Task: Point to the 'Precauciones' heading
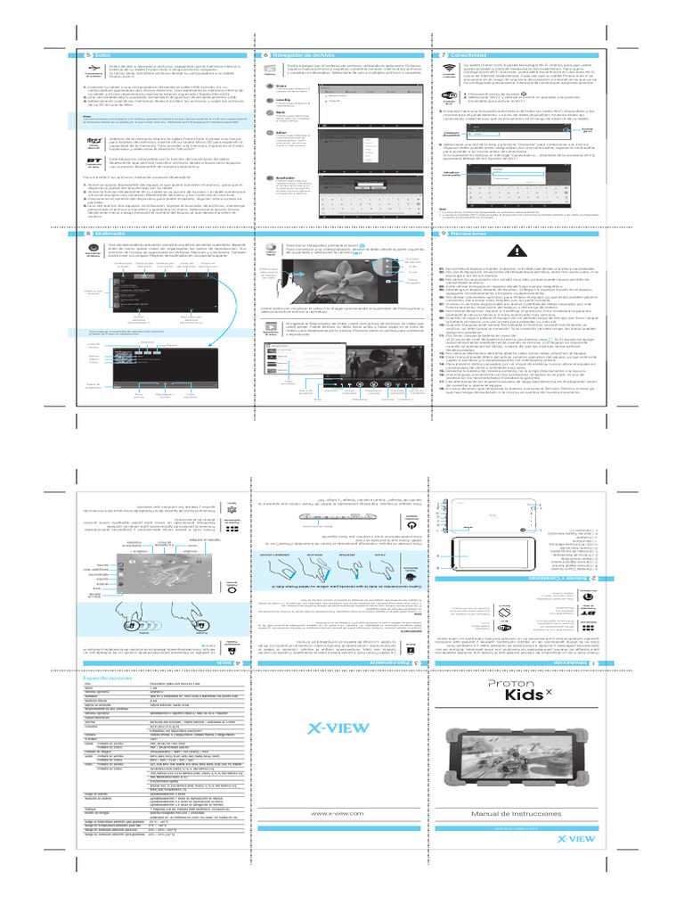point(473,234)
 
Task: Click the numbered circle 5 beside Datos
point(73,55)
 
